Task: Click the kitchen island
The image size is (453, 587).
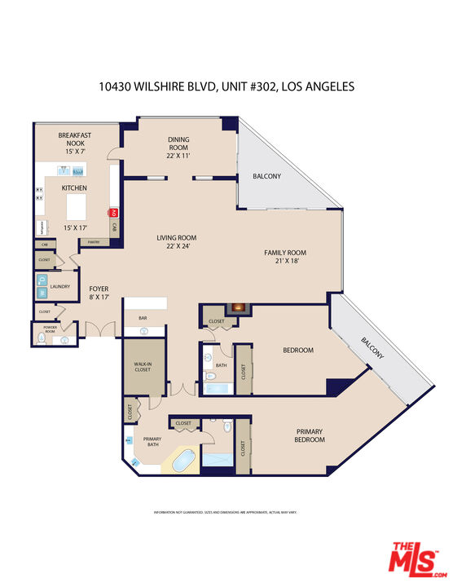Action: pyautogui.click(x=77, y=201)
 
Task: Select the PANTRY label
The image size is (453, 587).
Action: pyautogui.click(x=94, y=242)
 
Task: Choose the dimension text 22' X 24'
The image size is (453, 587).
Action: pyautogui.click(x=177, y=247)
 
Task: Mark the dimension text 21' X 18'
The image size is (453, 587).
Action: pyautogui.click(x=284, y=262)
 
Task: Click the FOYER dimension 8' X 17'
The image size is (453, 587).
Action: pyautogui.click(x=99, y=298)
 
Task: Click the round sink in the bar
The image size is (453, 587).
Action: pyautogui.click(x=144, y=331)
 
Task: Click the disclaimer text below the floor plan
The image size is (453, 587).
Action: pyautogui.click(x=226, y=512)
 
